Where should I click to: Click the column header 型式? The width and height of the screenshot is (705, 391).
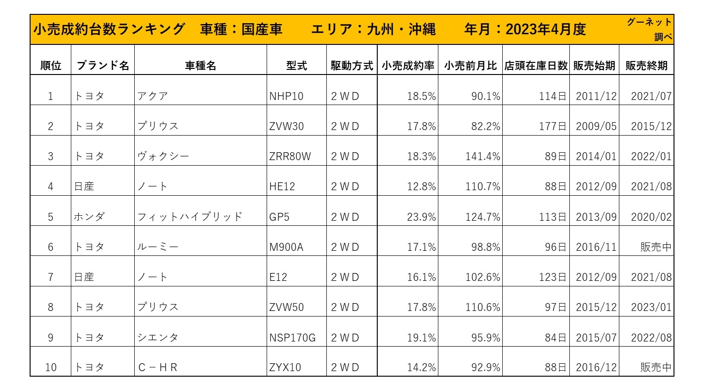tap(296, 66)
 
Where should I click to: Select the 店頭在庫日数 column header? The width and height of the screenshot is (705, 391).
tap(536, 66)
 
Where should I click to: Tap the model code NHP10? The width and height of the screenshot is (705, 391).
tap(286, 96)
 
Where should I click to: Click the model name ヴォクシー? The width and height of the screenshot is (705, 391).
tap(163, 156)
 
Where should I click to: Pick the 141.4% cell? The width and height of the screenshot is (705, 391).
tap(483, 156)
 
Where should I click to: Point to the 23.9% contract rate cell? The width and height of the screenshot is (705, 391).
tap(421, 217)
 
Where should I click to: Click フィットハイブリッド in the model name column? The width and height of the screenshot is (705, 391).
tap(190, 217)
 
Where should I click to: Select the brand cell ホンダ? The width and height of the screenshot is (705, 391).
tap(89, 217)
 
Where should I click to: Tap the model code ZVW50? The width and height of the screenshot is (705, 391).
tap(287, 307)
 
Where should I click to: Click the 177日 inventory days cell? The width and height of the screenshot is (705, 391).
tap(553, 126)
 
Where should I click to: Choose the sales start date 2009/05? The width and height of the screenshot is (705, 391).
tap(596, 126)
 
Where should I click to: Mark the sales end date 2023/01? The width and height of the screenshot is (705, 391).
tap(651, 307)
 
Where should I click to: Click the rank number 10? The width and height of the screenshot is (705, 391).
tap(50, 367)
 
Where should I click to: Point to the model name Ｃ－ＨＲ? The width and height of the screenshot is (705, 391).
tap(157, 367)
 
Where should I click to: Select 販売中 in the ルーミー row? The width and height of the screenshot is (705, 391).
tap(655, 247)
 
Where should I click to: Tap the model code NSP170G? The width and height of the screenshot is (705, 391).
tap(292, 338)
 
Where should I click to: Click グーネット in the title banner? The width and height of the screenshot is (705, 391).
tap(649, 22)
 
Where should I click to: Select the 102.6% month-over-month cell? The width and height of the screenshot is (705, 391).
tap(483, 277)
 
